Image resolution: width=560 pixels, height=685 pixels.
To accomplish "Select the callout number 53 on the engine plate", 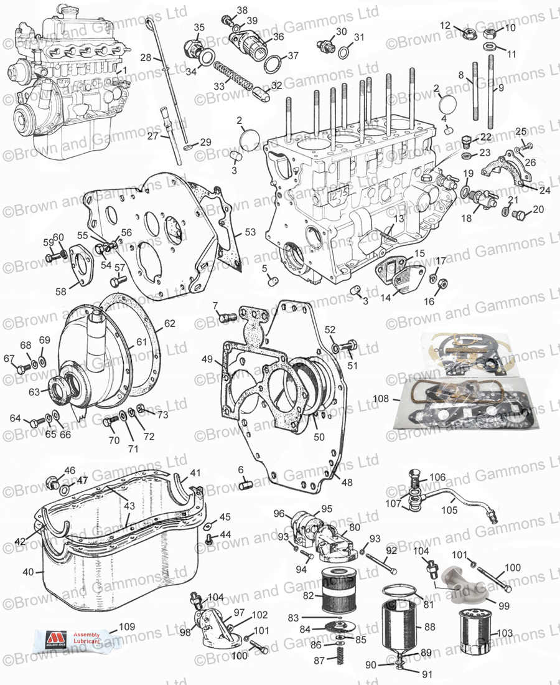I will [250, 232].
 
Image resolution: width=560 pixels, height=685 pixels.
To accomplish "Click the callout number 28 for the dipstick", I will [146, 57].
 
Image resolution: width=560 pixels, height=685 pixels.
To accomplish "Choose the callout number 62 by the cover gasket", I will [170, 323].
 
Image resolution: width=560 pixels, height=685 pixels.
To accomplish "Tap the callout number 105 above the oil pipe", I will [449, 509].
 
